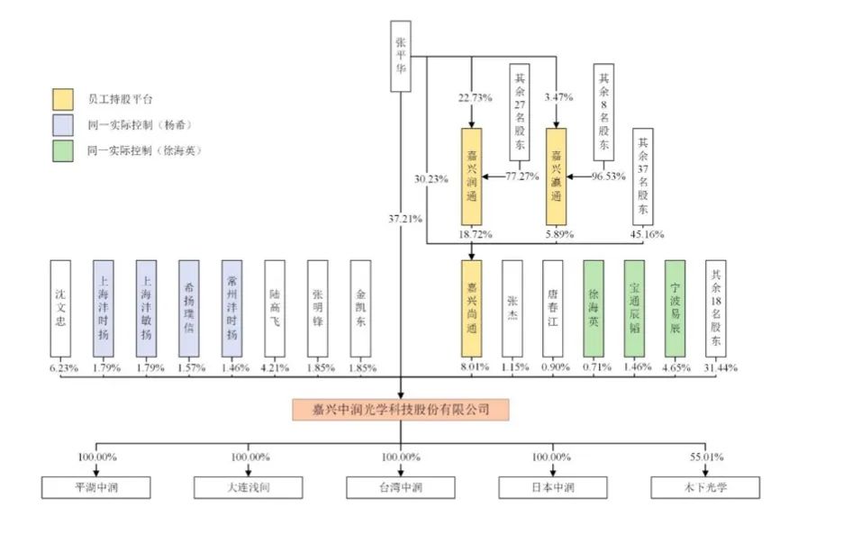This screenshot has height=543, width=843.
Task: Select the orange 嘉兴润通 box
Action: coord(472,176)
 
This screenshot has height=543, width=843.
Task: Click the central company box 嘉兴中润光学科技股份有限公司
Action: coord(401,410)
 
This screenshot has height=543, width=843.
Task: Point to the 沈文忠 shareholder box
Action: coord(60,310)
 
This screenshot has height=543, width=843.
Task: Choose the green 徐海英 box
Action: coord(593,310)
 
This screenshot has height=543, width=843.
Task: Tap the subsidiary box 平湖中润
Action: coord(96,488)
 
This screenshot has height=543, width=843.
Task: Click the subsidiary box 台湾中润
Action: coord(401,488)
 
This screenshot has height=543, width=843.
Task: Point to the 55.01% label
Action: coord(706,457)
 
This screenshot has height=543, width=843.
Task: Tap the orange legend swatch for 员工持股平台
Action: coord(63,98)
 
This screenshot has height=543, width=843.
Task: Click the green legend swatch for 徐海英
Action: coord(63,149)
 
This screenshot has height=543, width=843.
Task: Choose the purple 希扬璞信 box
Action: coord(188,310)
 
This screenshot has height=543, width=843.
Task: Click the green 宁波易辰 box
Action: coord(675,310)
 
